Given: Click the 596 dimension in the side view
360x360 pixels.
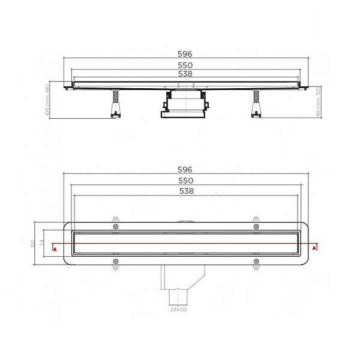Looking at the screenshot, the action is coord(185,54).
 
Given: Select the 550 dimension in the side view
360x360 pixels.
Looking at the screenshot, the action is coord(185,65).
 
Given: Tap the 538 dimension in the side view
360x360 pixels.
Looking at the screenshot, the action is coord(185,74).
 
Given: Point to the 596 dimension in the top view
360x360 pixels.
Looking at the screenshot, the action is coord(185,170).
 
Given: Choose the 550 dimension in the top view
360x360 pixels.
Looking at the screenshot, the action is coord(186,181).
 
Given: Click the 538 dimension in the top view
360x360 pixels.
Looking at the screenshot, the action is coord(187,191).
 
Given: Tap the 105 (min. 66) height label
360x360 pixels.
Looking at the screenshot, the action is coord(47,100).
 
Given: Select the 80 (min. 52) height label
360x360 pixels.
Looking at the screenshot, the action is coord(318,102).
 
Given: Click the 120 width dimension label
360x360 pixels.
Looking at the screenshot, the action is coord(33,244).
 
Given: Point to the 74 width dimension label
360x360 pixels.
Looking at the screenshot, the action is coord(42,242).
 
